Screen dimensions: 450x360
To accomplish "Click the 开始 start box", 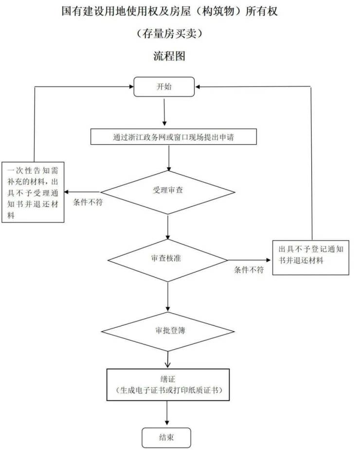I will (x=164, y=87).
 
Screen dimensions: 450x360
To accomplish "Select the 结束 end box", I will (x=164, y=437).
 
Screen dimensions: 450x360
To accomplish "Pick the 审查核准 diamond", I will (x=166, y=259).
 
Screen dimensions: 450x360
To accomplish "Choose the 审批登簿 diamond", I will (x=167, y=331).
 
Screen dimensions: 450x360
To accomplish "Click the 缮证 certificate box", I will (x=168, y=385).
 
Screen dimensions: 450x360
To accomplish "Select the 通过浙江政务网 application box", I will (x=174, y=137).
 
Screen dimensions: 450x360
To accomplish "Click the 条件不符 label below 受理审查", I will (x=88, y=201).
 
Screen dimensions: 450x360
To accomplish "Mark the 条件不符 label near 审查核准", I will (x=249, y=270).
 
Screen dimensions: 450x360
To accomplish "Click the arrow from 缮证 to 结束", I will (x=168, y=414).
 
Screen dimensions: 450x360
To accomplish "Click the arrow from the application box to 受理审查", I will (x=168, y=157).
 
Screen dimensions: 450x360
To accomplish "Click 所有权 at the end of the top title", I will (x=262, y=11).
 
